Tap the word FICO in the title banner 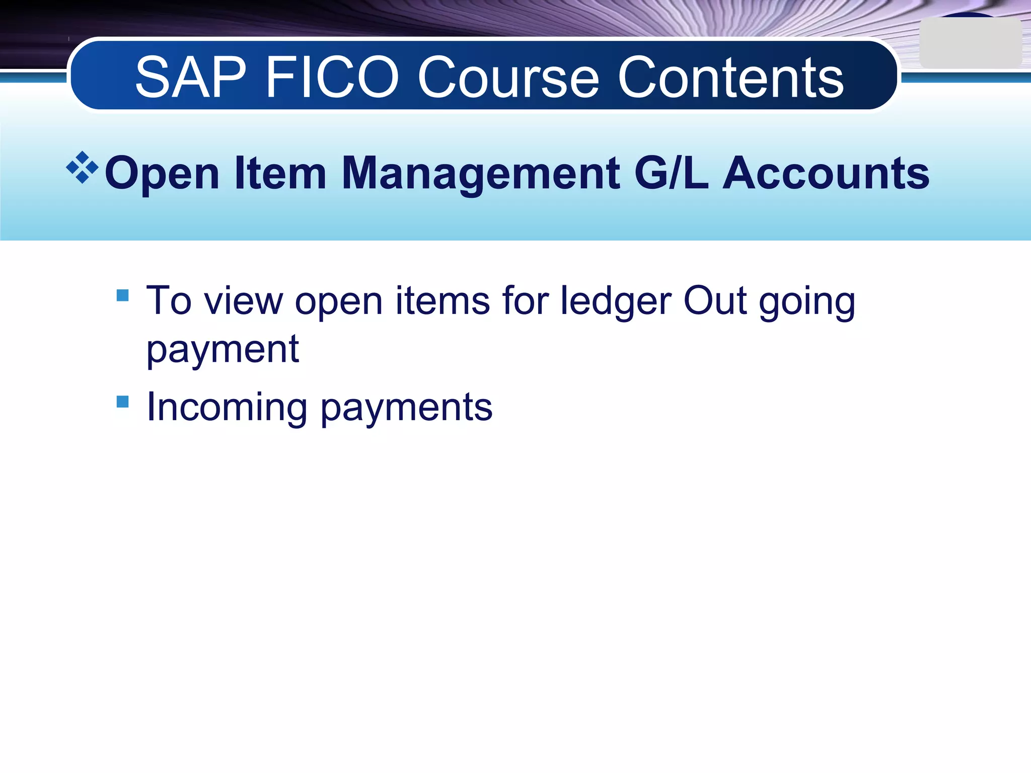pyautogui.click(x=332, y=78)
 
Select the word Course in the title pyautogui.click(x=508, y=78)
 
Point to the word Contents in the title pyautogui.click(x=730, y=78)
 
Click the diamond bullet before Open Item pyautogui.click(x=82, y=167)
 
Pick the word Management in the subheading pyautogui.click(x=480, y=173)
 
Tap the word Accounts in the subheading pyautogui.click(x=826, y=173)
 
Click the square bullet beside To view pyautogui.click(x=122, y=295)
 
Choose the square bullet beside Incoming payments pyautogui.click(x=122, y=401)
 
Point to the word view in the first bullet pyautogui.click(x=244, y=301)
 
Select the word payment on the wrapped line pyautogui.click(x=223, y=349)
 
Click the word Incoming pyautogui.click(x=227, y=407)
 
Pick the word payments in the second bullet pyautogui.click(x=406, y=408)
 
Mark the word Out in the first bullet pyautogui.click(x=715, y=301)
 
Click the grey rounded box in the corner pyautogui.click(x=970, y=43)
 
